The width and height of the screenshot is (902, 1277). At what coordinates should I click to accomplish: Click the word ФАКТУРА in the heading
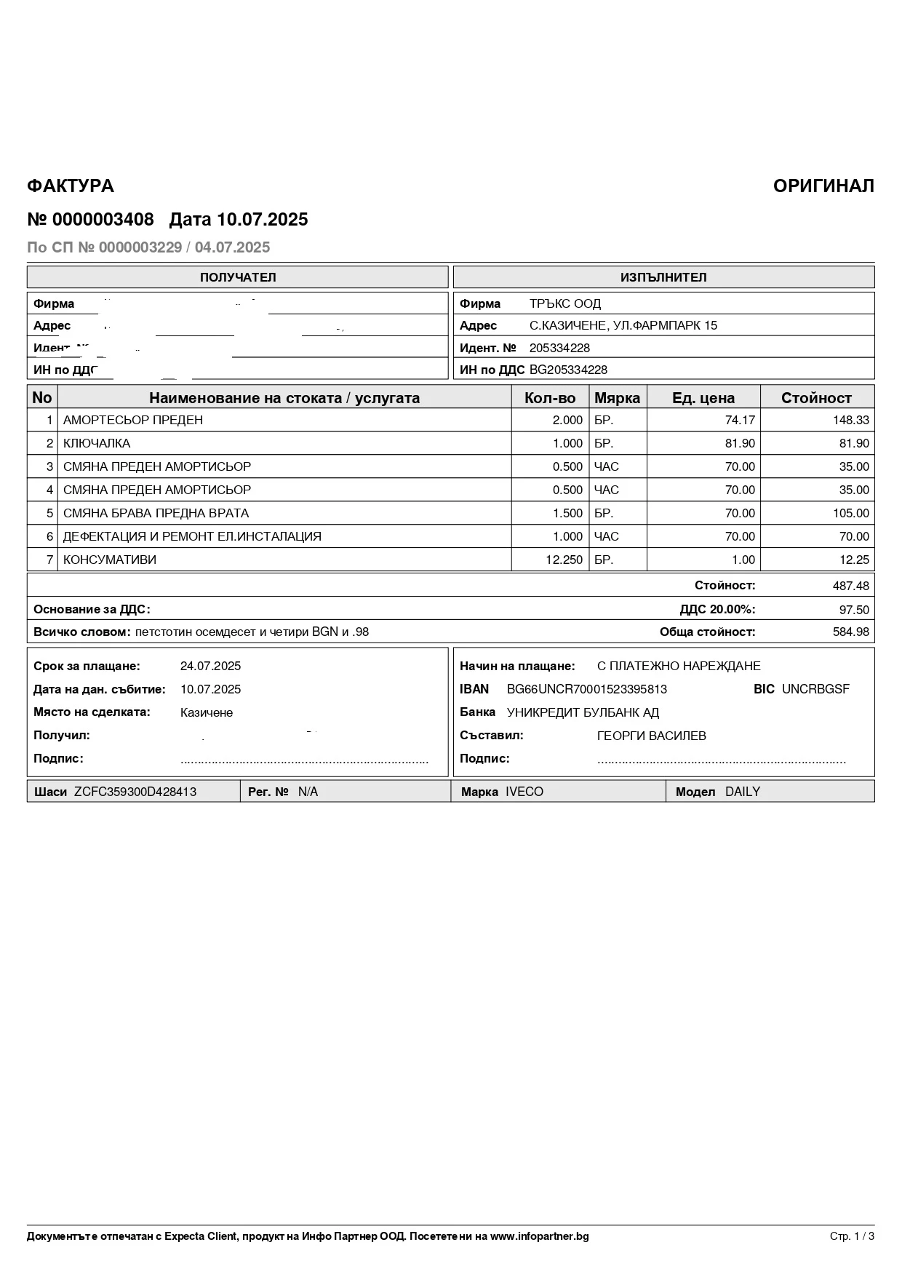(x=71, y=186)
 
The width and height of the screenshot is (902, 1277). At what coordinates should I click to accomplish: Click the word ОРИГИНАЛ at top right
(x=823, y=186)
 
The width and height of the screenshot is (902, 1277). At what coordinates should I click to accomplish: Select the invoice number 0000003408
(x=103, y=220)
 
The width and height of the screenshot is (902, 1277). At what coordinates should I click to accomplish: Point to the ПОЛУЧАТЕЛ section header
(x=238, y=277)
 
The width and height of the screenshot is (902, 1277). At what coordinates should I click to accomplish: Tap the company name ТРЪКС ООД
(x=565, y=304)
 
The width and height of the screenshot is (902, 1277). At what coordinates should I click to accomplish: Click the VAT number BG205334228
(x=568, y=370)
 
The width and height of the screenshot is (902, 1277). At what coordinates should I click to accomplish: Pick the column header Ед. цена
(x=703, y=398)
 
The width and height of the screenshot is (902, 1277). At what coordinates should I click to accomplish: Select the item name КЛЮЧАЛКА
(x=97, y=443)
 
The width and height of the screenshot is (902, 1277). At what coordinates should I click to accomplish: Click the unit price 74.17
(x=740, y=420)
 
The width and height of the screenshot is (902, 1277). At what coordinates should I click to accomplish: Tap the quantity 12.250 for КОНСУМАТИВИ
(x=564, y=560)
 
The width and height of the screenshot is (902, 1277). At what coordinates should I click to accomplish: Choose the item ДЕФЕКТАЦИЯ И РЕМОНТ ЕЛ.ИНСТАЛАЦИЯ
(x=192, y=536)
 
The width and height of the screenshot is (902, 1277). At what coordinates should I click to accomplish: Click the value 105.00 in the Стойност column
(x=850, y=513)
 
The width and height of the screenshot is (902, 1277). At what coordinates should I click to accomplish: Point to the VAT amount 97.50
(x=854, y=610)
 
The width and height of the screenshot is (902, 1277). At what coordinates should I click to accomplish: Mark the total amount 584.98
(x=850, y=632)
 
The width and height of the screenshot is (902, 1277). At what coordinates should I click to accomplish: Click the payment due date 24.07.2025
(x=210, y=666)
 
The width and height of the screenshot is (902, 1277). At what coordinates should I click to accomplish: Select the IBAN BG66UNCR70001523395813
(x=586, y=689)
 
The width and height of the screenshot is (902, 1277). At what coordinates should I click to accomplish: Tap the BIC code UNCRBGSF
(x=815, y=689)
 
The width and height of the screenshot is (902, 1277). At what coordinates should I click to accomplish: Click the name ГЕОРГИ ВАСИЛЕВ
(x=651, y=736)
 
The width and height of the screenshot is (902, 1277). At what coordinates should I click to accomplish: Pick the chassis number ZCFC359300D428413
(x=135, y=792)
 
